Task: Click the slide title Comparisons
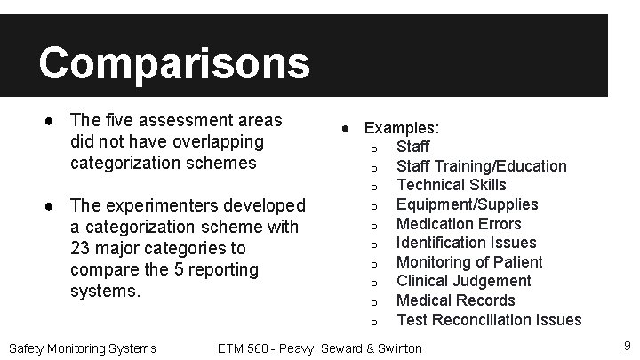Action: [174, 63]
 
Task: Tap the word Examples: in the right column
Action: [402, 128]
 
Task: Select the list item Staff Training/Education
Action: [481, 165]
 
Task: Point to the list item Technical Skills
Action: [451, 185]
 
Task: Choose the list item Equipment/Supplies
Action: [467, 204]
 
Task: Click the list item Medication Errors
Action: [459, 224]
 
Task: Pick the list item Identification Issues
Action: [466, 243]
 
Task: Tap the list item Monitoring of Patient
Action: [468, 262]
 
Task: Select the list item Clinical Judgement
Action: [463, 281]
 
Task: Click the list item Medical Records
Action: [455, 300]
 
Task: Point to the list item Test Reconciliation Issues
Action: [489, 320]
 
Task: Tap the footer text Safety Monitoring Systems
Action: [82, 348]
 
